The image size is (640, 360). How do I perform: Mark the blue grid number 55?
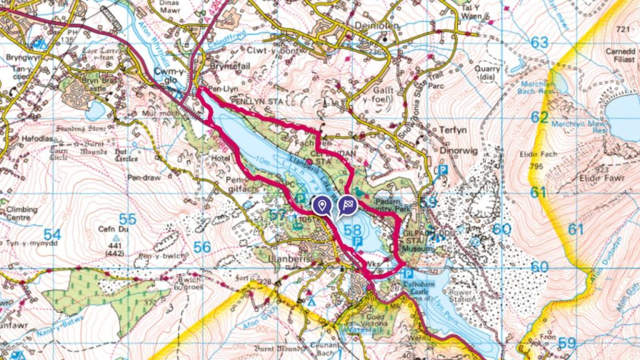click(127, 219)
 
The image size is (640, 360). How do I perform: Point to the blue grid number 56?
click(201, 247)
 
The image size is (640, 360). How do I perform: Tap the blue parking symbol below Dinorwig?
click(443, 169)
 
